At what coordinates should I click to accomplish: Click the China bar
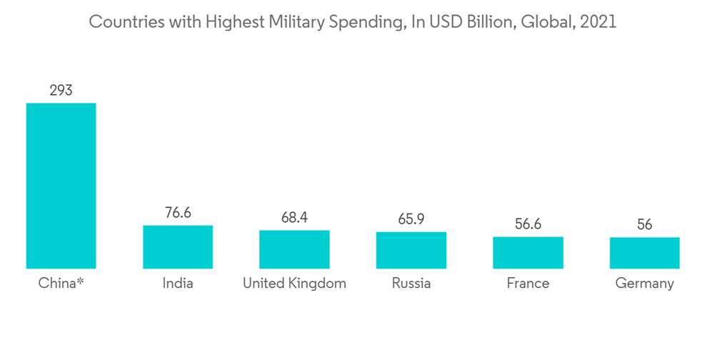[61, 186]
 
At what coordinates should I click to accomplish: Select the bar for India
[178, 247]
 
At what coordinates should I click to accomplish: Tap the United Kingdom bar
[294, 249]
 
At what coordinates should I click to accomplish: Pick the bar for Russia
[411, 250]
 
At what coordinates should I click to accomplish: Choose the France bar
[528, 252]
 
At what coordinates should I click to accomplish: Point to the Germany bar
[645, 253]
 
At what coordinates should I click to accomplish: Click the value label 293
[61, 91]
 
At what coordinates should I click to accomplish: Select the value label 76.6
[178, 213]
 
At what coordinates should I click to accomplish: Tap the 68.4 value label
[294, 217]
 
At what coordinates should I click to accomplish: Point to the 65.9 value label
[411, 219]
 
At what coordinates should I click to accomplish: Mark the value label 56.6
[528, 224]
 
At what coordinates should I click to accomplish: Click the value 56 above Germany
[645, 225]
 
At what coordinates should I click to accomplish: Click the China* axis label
[61, 283]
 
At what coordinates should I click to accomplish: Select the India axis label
[178, 283]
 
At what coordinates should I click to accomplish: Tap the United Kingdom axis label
[294, 283]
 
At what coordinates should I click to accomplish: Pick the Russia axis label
[411, 283]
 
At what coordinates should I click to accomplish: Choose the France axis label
[528, 283]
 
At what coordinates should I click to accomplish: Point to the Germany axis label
[645, 284]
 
